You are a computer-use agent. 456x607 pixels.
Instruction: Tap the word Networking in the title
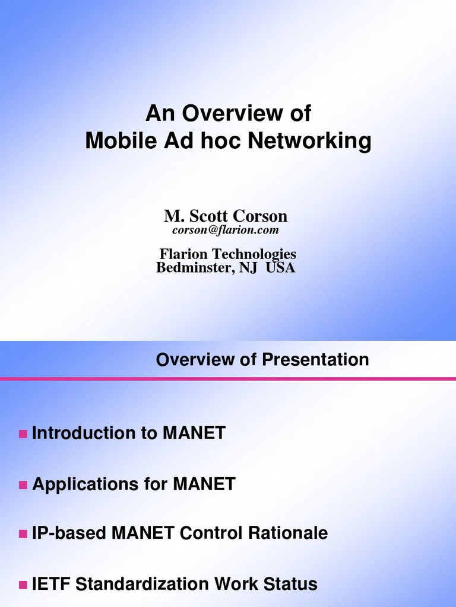point(309,141)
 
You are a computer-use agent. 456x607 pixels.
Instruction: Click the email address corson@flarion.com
point(226,229)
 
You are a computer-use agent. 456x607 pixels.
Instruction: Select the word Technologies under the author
point(254,254)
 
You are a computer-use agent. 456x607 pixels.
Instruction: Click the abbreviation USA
point(280,268)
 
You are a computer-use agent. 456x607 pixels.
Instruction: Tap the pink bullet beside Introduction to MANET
point(23,434)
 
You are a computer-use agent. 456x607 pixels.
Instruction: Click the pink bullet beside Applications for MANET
point(23,485)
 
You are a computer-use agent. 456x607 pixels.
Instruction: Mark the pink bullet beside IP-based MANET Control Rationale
point(23,534)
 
